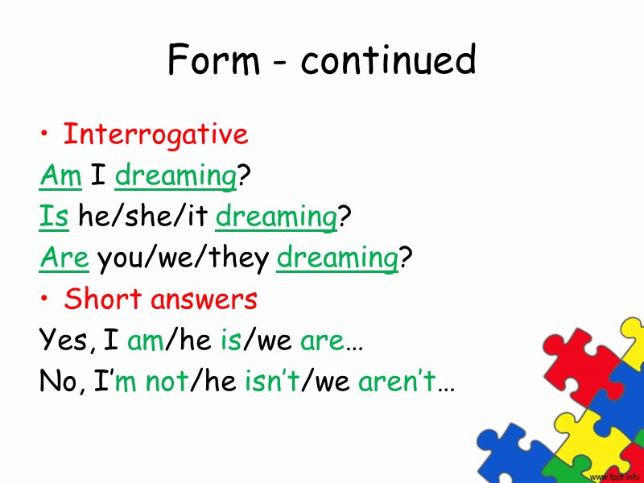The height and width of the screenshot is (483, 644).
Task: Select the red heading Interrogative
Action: [155, 134]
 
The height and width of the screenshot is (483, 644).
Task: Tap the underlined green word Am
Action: [60, 175]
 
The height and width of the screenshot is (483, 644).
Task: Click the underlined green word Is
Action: [52, 217]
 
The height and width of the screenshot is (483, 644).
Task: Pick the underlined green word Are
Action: [64, 258]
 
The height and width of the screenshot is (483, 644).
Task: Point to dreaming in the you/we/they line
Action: [337, 259]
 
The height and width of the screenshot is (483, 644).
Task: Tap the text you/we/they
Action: [183, 258]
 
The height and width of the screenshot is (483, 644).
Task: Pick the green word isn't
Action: [271, 381]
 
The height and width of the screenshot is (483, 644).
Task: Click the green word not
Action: [166, 381]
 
